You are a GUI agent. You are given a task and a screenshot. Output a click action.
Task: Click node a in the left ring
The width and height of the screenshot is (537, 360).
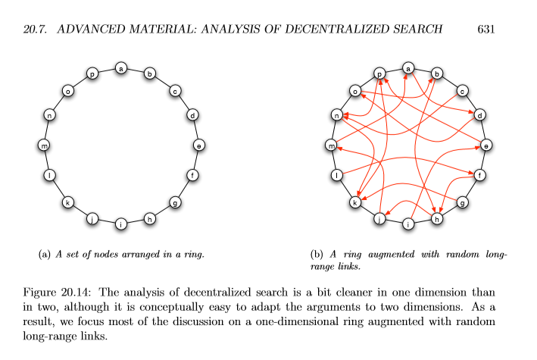[x=120, y=68]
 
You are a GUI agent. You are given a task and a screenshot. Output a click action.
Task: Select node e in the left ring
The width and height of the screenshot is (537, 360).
[x=198, y=145]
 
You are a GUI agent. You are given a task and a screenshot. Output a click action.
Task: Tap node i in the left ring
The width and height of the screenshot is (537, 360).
[x=120, y=224]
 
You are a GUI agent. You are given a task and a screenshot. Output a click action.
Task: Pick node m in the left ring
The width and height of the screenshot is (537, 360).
[x=43, y=145]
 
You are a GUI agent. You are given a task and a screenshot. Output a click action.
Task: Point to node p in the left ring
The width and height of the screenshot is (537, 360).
[x=92, y=74]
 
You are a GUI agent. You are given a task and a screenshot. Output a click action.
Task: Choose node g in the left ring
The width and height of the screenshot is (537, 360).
[x=175, y=202]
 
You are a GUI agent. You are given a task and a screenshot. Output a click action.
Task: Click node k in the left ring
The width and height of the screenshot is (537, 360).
[x=67, y=202]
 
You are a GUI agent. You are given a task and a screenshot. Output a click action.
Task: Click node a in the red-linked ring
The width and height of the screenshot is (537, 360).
[x=408, y=68]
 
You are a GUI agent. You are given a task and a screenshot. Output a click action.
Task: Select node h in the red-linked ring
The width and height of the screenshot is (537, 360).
[x=437, y=219]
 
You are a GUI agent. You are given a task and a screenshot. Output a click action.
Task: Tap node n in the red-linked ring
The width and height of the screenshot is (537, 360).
[x=336, y=115]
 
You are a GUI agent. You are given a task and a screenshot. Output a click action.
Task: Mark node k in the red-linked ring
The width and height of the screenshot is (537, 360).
[x=354, y=202]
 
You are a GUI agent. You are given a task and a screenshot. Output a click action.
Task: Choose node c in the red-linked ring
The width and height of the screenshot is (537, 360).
[x=462, y=91]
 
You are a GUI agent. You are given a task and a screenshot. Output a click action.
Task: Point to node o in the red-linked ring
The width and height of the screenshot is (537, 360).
[x=354, y=91]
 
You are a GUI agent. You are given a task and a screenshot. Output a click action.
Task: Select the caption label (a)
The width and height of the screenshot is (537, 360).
[x=44, y=255]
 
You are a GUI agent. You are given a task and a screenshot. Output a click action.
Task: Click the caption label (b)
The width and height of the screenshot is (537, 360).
[x=317, y=255]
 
